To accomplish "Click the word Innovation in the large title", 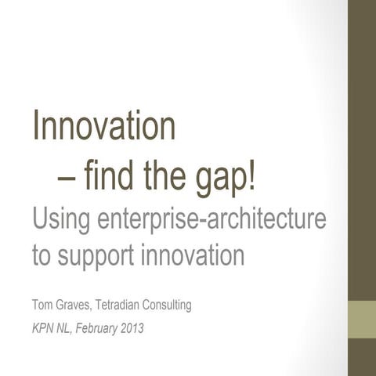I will (x=103, y=127).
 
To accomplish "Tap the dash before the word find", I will (x=67, y=179).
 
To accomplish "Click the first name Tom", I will (x=42, y=305).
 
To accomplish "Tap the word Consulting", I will (x=170, y=305).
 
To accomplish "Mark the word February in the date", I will (x=97, y=327).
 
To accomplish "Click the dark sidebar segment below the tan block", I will (x=362, y=356).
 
